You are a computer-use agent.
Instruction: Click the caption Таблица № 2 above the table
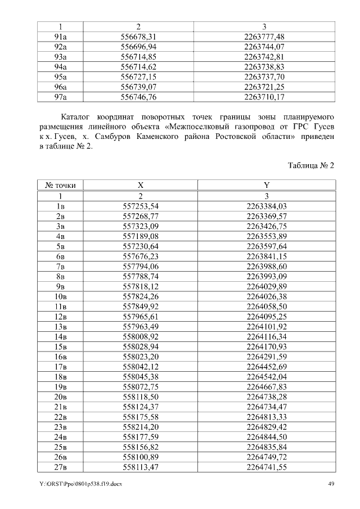pyautogui.click(x=311, y=165)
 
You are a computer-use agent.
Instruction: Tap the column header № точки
pyautogui.click(x=60, y=185)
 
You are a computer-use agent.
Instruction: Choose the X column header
pyautogui.click(x=141, y=185)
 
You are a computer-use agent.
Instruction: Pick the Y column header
pyautogui.click(x=266, y=185)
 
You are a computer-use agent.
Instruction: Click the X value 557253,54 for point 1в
pyautogui.click(x=141, y=206)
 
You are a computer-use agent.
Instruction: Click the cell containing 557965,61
pyautogui.click(x=141, y=317)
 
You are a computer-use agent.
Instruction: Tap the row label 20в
pyautogui.click(x=60, y=397)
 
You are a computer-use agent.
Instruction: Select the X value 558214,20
pyautogui.click(x=141, y=427)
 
